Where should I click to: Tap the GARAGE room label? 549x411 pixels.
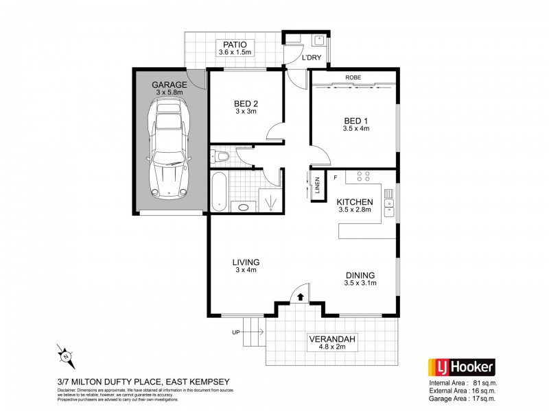point(169,85)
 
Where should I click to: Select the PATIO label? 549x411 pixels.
point(235,45)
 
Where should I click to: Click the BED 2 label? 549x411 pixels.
point(245,104)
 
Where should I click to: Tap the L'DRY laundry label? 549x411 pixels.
point(312,58)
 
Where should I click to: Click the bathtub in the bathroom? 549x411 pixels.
point(218,192)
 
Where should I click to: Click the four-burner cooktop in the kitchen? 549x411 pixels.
point(363,178)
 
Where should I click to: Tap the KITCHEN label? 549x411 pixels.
point(354,202)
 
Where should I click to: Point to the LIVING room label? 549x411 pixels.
point(245,262)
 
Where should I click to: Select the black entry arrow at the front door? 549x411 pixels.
point(300,296)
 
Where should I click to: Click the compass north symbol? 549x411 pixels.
point(64,354)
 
